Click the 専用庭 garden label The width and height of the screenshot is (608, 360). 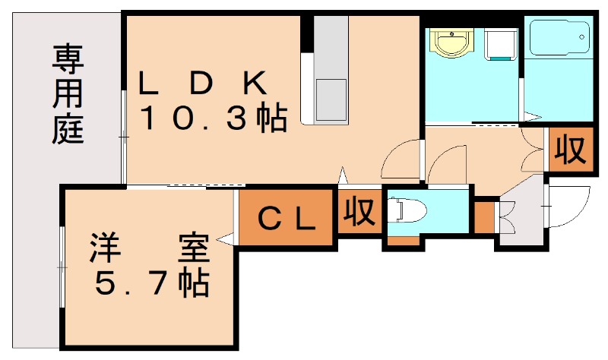(68, 95)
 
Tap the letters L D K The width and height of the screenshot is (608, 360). (201, 83)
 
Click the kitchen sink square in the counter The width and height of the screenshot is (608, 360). (330, 95)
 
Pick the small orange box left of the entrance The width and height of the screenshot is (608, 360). (483, 217)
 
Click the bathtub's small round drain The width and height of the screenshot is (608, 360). (584, 36)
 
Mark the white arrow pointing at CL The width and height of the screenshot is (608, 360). (226, 239)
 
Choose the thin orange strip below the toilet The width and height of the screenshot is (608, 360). (403, 242)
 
